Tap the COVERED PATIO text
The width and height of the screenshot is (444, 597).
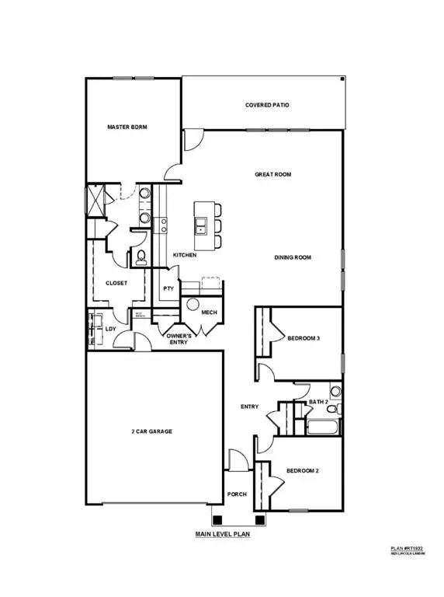[x=267, y=105]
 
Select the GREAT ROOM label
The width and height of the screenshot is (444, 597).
[x=272, y=175]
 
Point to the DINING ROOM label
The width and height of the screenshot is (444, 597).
[x=293, y=257]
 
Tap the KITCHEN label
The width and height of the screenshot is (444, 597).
[x=185, y=255]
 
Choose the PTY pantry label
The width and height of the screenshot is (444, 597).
[x=168, y=288]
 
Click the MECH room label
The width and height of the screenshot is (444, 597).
[x=208, y=312]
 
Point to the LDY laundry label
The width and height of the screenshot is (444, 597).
[x=110, y=329]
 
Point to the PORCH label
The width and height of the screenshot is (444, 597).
[x=236, y=494]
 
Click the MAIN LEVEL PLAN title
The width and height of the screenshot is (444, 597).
[x=227, y=535]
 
